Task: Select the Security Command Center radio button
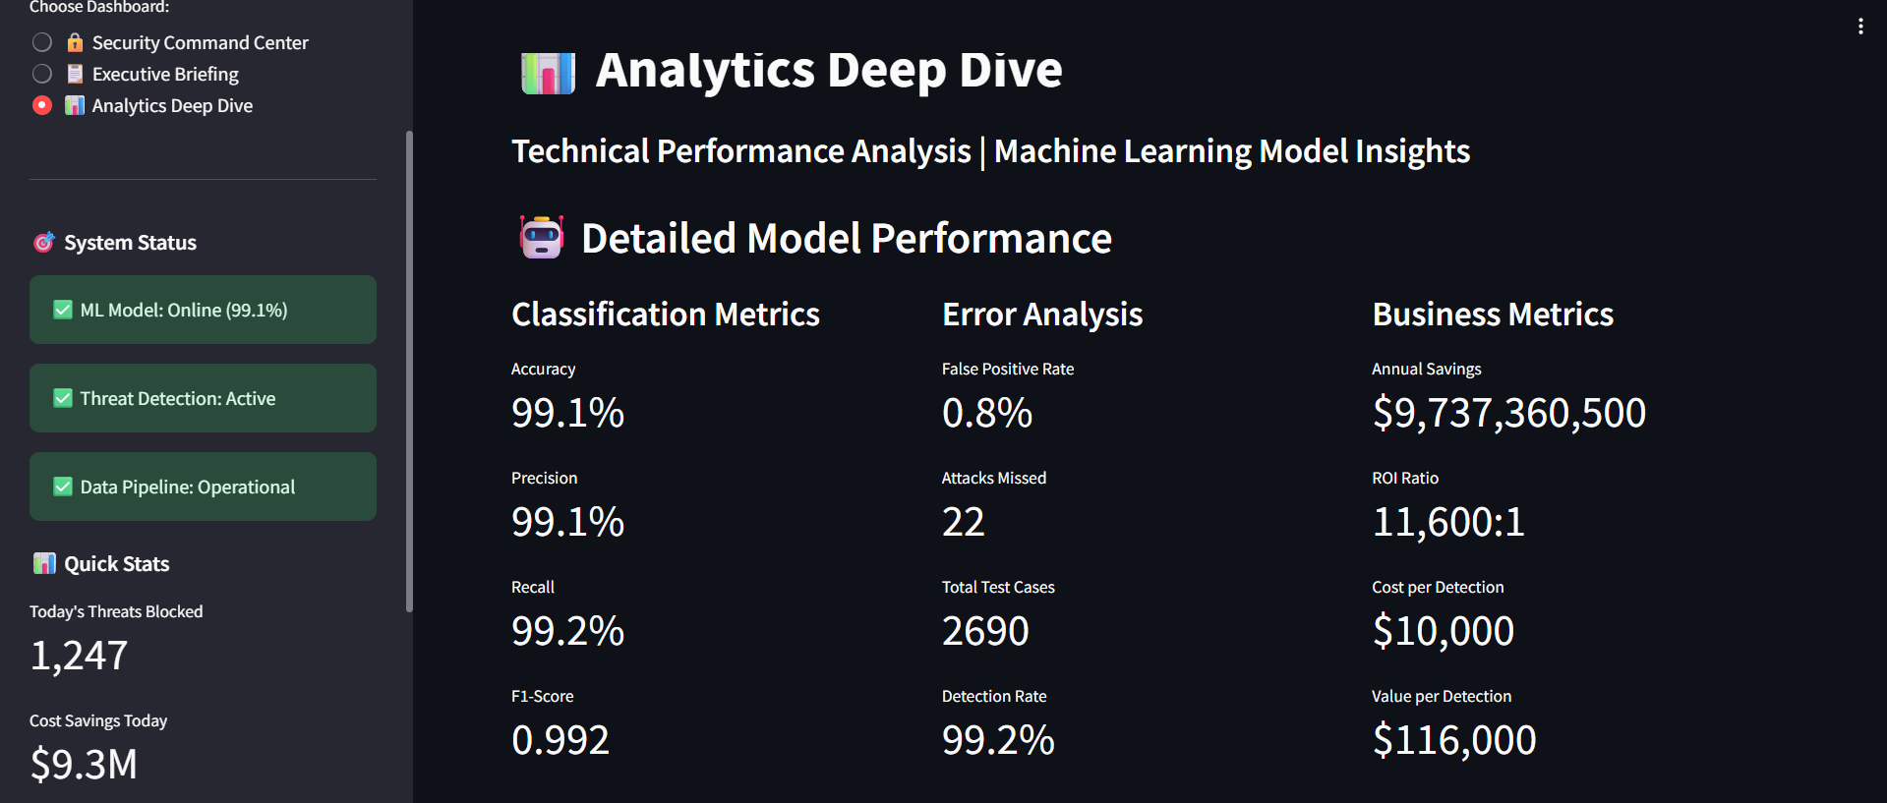(42, 42)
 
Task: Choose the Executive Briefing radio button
(42, 74)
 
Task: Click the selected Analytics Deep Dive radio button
(42, 105)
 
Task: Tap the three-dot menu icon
(1860, 27)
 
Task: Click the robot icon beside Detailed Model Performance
(541, 238)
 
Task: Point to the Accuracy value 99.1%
(567, 413)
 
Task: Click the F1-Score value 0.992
(560, 740)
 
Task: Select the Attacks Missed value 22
(963, 522)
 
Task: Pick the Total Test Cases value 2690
(985, 631)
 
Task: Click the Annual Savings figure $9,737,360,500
(1508, 413)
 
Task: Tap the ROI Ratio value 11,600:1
(1447, 522)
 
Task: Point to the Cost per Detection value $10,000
(1443, 631)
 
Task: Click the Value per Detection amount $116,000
(1453, 740)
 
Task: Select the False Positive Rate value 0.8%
(986, 413)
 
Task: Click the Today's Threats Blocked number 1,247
(79, 656)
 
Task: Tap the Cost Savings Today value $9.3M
(84, 765)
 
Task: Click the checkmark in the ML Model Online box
(63, 310)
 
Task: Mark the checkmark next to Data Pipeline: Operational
(63, 487)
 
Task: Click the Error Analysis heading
(1041, 315)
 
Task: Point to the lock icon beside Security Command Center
(75, 42)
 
